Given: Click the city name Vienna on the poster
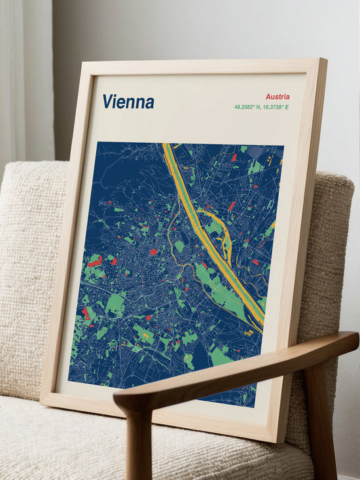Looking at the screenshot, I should pyautogui.click(x=128, y=102).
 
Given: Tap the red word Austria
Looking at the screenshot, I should pyautogui.click(x=278, y=96).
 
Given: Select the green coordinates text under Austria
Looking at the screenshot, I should pyautogui.click(x=261, y=107).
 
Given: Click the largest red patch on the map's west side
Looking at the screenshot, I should pyautogui.click(x=95, y=262).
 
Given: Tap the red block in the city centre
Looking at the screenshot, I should pyautogui.click(x=153, y=251).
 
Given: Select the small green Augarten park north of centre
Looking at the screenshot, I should pyautogui.click(x=179, y=246).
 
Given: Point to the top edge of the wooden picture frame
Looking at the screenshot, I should pyautogui.click(x=203, y=65).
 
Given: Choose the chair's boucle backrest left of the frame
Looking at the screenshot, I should pyautogui.click(x=33, y=262).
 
